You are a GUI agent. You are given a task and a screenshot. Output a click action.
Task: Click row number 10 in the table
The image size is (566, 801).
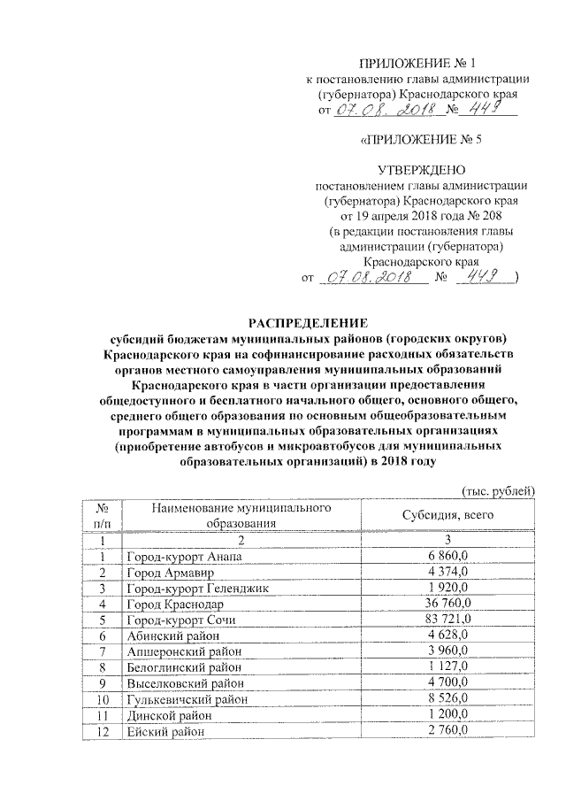[103, 699]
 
